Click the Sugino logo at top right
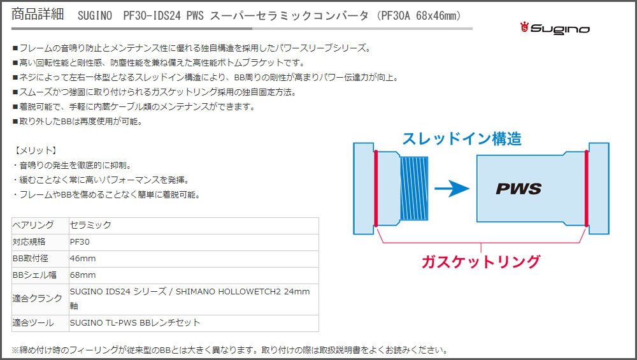click(555, 28)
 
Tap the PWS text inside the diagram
click(519, 189)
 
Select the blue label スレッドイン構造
click(462, 138)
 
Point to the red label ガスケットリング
click(480, 261)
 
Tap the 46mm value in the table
click(83, 258)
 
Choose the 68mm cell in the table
click(83, 275)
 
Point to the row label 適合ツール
click(34, 322)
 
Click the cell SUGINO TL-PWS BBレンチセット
click(135, 322)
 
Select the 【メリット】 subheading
click(35, 150)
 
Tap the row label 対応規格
click(29, 241)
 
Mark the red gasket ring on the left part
click(376, 188)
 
